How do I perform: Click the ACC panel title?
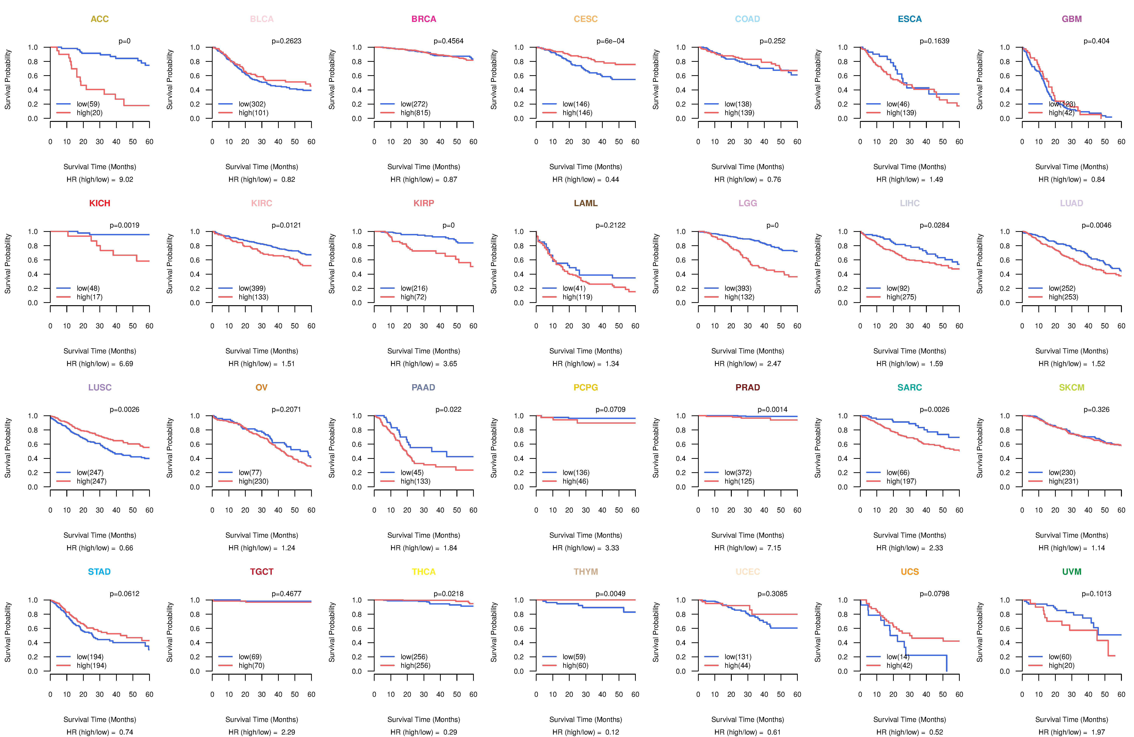[100, 19]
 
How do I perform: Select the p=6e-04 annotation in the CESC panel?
[610, 41]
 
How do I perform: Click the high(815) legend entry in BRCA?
[415, 113]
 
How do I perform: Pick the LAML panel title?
[586, 203]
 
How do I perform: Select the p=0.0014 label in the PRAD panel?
[772, 410]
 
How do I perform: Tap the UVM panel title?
[1072, 572]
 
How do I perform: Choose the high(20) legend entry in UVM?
[1061, 666]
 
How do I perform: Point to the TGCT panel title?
[262, 572]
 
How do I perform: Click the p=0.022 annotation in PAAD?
[448, 410]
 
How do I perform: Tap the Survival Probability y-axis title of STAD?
[8, 632]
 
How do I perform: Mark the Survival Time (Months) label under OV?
[262, 536]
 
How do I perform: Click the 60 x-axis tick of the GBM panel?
[1121, 142]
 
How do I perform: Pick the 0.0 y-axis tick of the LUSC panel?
[32, 487]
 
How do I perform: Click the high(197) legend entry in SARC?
[901, 481]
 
